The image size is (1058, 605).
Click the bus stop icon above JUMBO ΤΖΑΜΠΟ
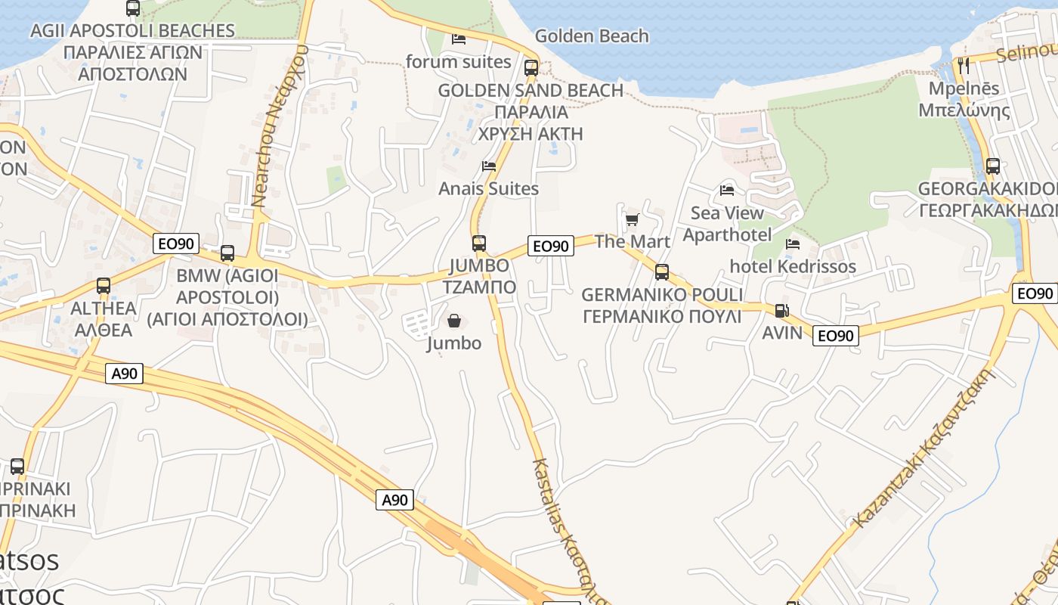coord(478,244)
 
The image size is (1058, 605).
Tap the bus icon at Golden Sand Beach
coord(531,68)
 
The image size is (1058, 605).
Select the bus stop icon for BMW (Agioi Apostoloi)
coord(227,253)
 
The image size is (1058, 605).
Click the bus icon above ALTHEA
coord(104,287)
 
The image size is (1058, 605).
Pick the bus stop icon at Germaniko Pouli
coord(662,272)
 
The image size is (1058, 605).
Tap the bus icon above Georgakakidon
coord(993,166)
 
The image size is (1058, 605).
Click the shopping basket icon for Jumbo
coord(454,321)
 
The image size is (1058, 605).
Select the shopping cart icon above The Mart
coord(632,220)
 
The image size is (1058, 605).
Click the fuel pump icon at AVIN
coord(781,311)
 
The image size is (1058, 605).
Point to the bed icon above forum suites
coord(459,39)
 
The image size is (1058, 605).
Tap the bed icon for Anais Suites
coord(489,166)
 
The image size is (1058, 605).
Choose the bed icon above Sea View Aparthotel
coord(727,191)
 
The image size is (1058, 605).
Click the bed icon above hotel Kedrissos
coord(793,244)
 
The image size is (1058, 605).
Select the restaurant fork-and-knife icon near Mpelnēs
coord(963,66)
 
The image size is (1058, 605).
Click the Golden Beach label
coord(592,36)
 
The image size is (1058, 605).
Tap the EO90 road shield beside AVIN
coord(836,336)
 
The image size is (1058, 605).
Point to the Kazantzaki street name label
coord(923,447)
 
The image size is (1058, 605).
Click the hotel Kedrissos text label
coord(793,267)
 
